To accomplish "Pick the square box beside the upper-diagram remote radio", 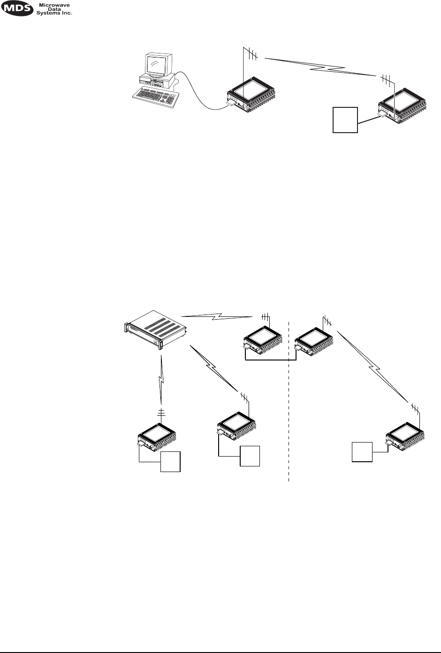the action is (345, 120).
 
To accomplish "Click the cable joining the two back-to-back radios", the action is (270, 360).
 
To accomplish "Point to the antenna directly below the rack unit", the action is (161, 412).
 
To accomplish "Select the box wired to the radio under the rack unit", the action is (171, 462).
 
